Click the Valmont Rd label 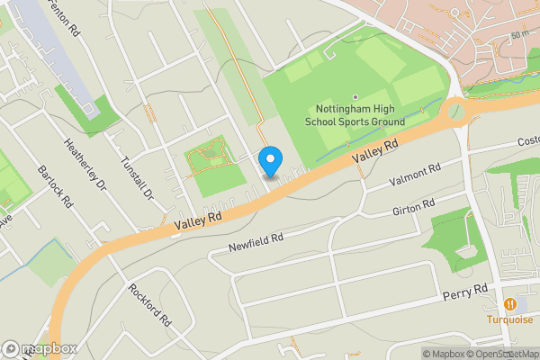[414, 175]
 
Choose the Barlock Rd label [55, 185]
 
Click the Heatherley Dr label [85, 163]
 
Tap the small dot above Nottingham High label [355, 97]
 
